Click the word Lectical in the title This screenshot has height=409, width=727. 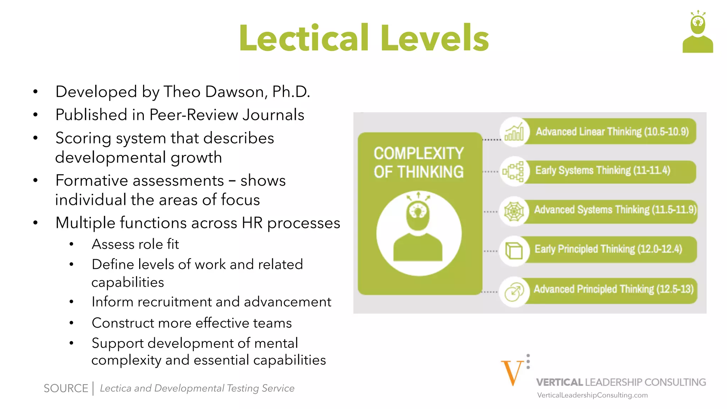point(304,38)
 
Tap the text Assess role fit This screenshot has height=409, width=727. point(135,244)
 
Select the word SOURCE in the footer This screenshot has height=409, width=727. point(66,388)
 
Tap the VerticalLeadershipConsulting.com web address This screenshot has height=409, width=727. point(592,395)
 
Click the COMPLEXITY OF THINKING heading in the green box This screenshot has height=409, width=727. point(419,163)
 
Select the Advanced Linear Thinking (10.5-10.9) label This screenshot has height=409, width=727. point(612,132)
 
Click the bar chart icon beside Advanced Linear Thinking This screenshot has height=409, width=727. point(514,132)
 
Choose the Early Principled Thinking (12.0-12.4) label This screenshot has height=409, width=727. point(608,249)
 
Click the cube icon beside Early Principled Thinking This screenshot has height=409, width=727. point(514,251)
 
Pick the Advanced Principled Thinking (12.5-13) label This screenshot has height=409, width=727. point(613,289)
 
